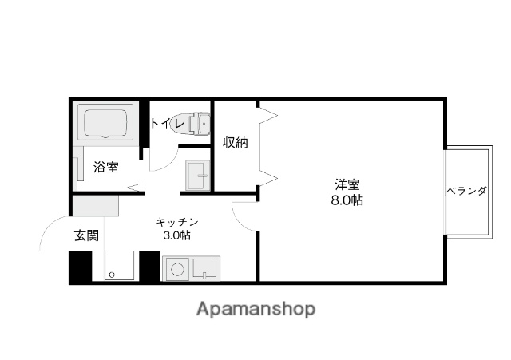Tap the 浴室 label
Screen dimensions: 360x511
coord(105,167)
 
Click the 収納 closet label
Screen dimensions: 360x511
coord(235,143)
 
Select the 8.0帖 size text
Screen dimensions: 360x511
coord(347,200)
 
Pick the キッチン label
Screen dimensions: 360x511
coord(176,221)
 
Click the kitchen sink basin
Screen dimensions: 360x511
coord(204,269)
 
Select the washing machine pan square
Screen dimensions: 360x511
coord(118,266)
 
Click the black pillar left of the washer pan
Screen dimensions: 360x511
coord(80,267)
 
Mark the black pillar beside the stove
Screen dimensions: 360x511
coord(149,267)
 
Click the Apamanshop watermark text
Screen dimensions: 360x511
coord(255,309)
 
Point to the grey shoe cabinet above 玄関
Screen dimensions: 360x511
coord(95,206)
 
